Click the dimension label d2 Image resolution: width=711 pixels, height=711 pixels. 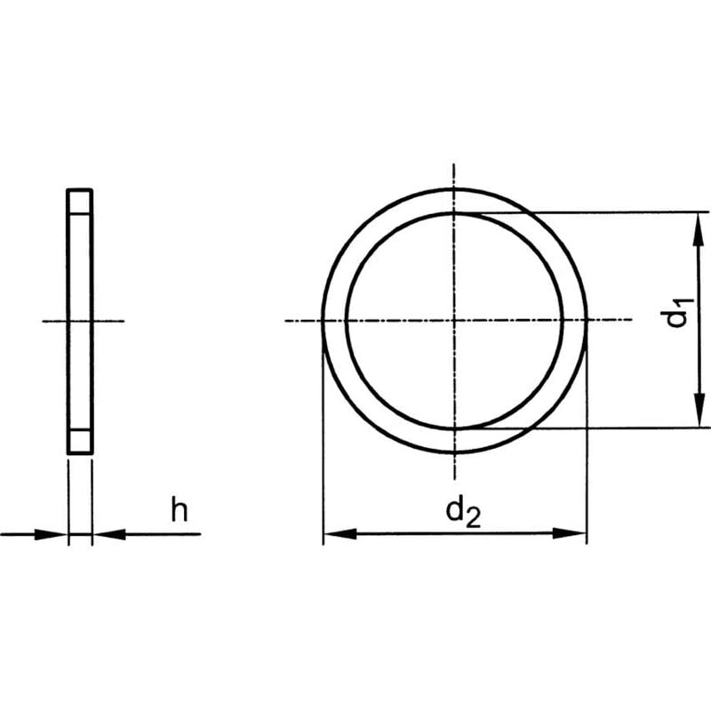click(462, 513)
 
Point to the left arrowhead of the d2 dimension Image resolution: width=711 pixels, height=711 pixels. click(334, 533)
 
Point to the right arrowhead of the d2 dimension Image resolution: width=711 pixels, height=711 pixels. click(575, 533)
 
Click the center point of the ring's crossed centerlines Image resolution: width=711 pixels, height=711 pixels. click(454, 320)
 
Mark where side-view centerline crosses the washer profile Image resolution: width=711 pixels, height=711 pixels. click(79, 320)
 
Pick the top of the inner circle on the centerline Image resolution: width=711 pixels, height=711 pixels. click(454, 212)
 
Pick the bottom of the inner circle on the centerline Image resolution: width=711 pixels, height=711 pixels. click(454, 427)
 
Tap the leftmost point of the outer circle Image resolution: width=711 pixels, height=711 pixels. click(323, 320)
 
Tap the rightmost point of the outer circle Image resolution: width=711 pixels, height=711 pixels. click(587, 320)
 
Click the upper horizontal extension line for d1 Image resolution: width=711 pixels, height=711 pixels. click(622, 212)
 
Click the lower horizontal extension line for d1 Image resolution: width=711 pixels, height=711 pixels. click(622, 427)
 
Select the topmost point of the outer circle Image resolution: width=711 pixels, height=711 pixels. click(454, 188)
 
